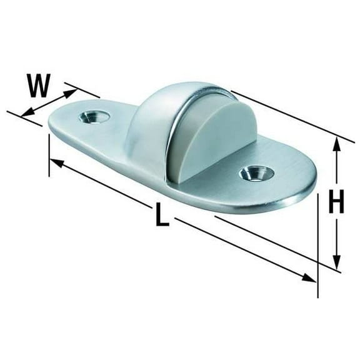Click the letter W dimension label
click(38, 85)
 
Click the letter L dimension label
click(161, 216)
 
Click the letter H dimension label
click(337, 202)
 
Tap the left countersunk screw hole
click(95, 117)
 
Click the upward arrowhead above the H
click(336, 145)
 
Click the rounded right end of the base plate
click(306, 187)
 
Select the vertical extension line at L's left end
click(49, 153)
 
